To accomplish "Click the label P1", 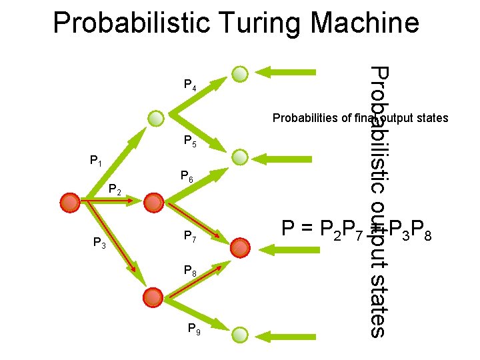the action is [x=96, y=161].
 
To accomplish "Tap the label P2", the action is [x=115, y=192].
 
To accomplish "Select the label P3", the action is [x=99, y=244].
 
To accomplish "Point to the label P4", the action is [x=190, y=85].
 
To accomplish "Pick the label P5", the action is [x=190, y=141].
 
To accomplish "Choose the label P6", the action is [x=187, y=177].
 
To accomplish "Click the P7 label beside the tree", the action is [x=190, y=236].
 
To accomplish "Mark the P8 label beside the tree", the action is [x=190, y=271].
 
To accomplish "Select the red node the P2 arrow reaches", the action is [x=155, y=201].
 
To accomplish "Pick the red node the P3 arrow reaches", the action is [x=153, y=296].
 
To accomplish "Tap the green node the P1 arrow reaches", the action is [x=155, y=119].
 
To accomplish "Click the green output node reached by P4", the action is [x=240, y=73].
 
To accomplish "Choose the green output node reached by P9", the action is [x=240, y=334].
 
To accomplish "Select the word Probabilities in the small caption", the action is [x=304, y=119].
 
